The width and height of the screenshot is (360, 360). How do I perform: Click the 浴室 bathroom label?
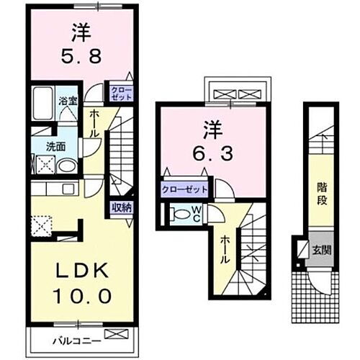[x=68, y=102]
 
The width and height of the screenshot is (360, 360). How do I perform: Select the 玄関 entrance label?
[x=320, y=251]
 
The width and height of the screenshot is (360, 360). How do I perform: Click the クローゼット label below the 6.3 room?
[x=184, y=189]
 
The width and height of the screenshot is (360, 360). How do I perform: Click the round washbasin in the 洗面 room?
[x=66, y=166]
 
